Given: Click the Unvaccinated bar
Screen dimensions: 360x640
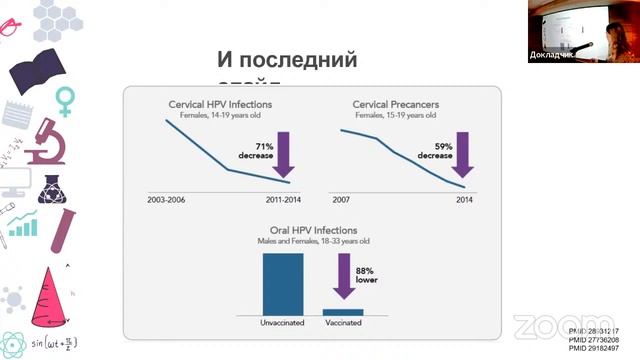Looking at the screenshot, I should [x=283, y=284].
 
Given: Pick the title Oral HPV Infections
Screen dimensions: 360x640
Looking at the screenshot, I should [x=314, y=229].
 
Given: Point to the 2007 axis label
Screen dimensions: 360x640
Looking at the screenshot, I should [x=343, y=200].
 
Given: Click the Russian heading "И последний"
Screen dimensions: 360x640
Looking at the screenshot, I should [x=286, y=59].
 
